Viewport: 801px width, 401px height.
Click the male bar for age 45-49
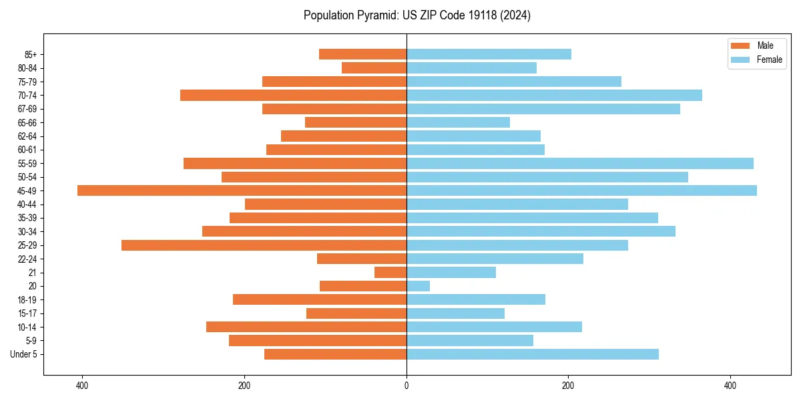click(242, 190)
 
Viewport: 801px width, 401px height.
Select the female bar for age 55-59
click(579, 163)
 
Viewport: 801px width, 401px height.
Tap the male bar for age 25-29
click(264, 245)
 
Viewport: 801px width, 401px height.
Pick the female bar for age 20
click(418, 286)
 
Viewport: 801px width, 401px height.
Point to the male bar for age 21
click(390, 273)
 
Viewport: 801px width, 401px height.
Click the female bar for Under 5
click(532, 354)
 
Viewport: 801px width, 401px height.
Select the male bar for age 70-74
click(293, 95)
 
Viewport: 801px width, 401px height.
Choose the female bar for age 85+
click(489, 54)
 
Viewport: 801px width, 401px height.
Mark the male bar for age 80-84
click(374, 68)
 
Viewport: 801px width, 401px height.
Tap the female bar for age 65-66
click(458, 122)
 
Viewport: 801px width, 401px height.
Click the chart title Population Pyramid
click(417, 15)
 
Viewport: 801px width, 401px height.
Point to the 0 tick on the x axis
click(407, 386)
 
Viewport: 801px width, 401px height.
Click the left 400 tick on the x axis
click(83, 386)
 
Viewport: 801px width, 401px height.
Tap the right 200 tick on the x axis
click(568, 386)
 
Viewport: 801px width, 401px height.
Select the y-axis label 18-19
click(27, 300)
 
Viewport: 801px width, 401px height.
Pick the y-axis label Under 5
click(24, 354)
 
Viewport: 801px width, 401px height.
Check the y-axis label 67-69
click(27, 109)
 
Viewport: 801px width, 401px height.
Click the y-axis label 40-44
click(27, 205)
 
